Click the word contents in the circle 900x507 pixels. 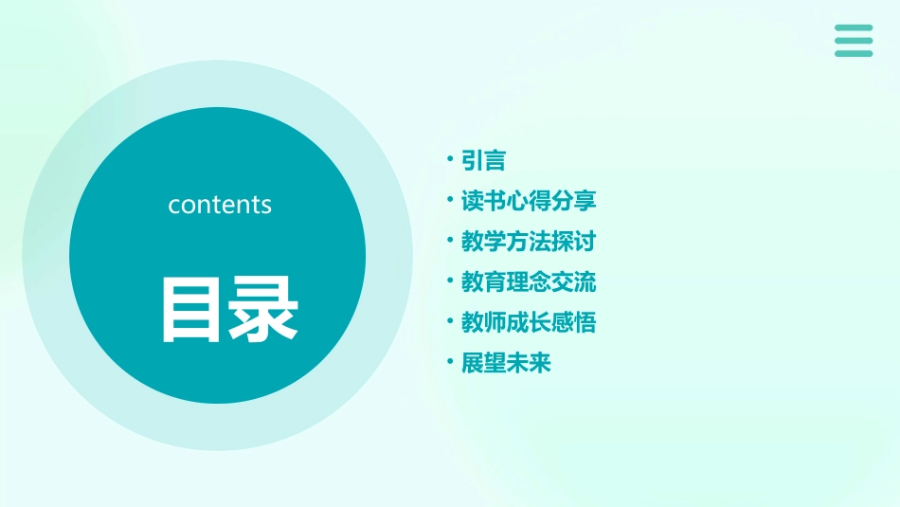(220, 205)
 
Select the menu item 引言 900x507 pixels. (483, 161)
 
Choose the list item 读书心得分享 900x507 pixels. (529, 202)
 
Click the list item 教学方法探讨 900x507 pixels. (529, 242)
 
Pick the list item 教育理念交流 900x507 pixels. (529, 282)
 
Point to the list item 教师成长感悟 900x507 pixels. (529, 323)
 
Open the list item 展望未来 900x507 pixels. (506, 363)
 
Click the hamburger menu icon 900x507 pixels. (854, 41)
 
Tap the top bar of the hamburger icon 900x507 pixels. (854, 28)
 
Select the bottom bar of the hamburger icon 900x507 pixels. (854, 53)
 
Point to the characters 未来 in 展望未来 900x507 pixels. (529, 363)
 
